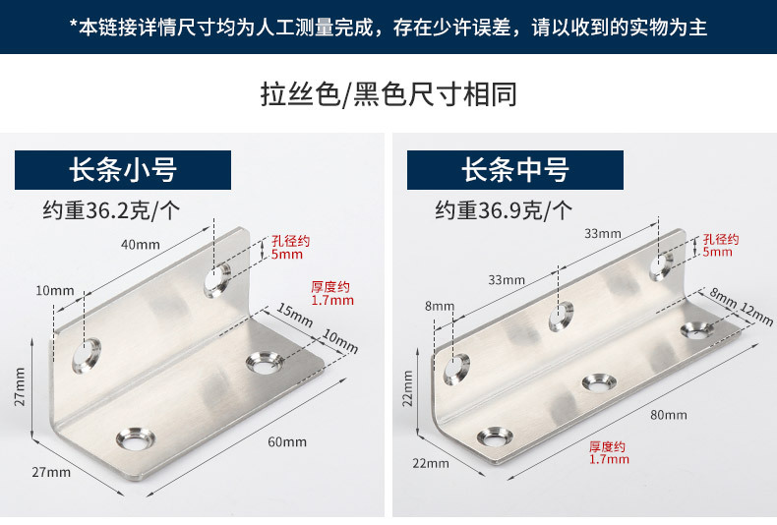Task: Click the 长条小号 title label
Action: [x=122, y=170]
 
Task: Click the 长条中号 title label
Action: [x=515, y=170]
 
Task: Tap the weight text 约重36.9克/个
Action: [x=505, y=209]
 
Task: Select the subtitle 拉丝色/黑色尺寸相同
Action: [x=388, y=95]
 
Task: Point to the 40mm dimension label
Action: [x=140, y=244]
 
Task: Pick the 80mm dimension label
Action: [x=669, y=415]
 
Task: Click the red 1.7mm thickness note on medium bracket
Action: [x=608, y=452]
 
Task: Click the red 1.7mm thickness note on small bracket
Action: [x=331, y=293]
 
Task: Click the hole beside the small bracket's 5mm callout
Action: [x=217, y=279]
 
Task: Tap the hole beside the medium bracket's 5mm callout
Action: [x=662, y=263]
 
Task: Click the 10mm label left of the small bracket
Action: [x=54, y=290]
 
